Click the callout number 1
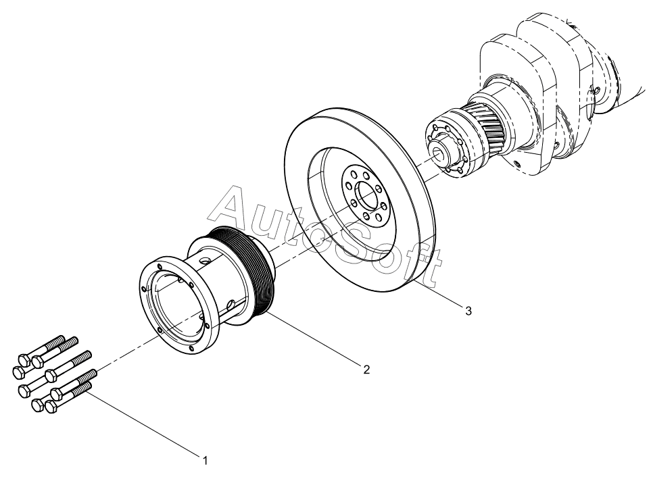point(205,460)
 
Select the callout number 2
point(366,369)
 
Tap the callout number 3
point(468,311)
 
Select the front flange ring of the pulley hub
point(178,306)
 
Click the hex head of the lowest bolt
point(51,406)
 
